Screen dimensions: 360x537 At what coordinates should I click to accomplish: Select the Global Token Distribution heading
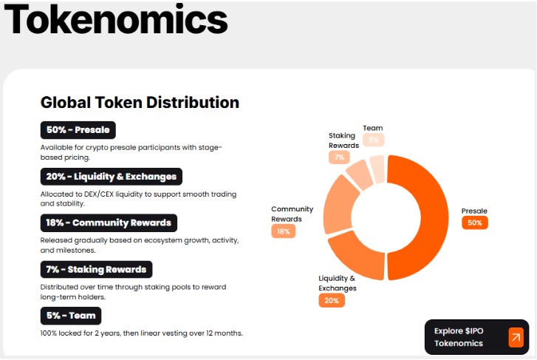coord(140,102)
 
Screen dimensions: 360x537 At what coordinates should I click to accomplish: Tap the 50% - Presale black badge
coord(78,130)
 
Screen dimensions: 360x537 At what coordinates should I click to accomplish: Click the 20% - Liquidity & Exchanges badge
coord(111,177)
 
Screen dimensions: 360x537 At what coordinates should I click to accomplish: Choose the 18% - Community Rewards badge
coord(109,223)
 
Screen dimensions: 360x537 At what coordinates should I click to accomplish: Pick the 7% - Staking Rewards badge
coord(96,269)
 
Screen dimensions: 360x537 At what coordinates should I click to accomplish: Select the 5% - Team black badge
coord(71,316)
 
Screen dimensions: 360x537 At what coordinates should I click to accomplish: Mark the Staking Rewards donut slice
coord(360,174)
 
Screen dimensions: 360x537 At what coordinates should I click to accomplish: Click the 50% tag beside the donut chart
coord(474,223)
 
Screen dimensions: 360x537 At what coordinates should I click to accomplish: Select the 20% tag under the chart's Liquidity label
coord(332,300)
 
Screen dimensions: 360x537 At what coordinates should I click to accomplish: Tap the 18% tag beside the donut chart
coord(284,231)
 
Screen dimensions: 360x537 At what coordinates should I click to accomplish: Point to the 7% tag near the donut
coord(339,157)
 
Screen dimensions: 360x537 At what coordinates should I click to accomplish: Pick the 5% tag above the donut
coord(373,140)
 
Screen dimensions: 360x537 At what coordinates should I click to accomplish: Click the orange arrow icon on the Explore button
coord(515,338)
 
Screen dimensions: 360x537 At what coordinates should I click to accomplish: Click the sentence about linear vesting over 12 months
coord(141,333)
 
